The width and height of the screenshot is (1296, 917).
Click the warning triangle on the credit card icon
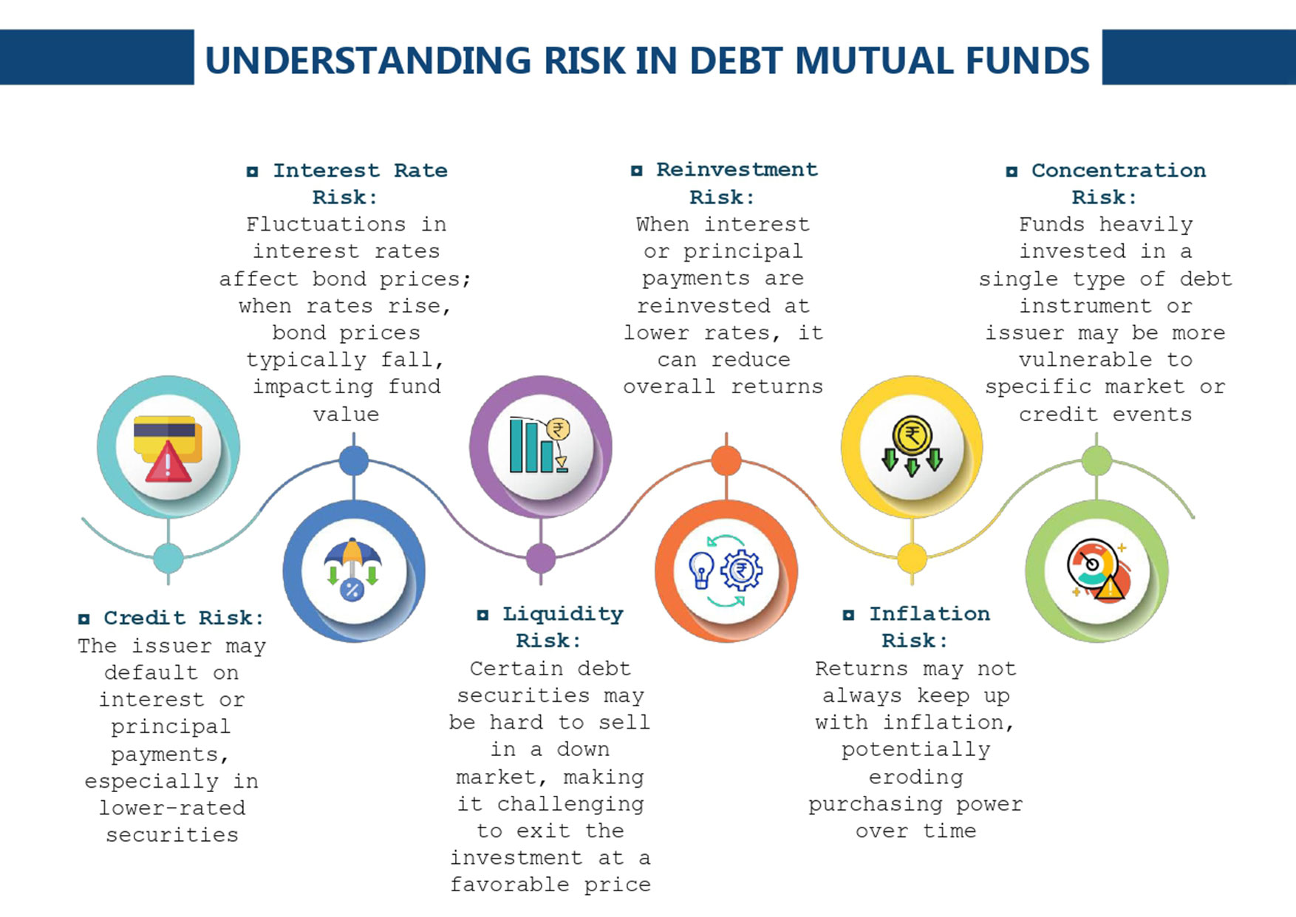pyautogui.click(x=168, y=463)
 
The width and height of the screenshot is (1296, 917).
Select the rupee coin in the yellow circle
pyautogui.click(x=912, y=436)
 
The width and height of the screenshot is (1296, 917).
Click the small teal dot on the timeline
pyautogui.click(x=168, y=559)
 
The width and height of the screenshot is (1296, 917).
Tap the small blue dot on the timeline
pyautogui.click(x=354, y=461)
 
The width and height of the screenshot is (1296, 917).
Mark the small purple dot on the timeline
pyautogui.click(x=541, y=559)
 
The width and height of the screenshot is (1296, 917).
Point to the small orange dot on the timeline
pyautogui.click(x=726, y=461)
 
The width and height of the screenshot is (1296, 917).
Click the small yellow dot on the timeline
pyautogui.click(x=913, y=559)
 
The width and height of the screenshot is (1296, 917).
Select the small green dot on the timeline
pyautogui.click(x=1097, y=461)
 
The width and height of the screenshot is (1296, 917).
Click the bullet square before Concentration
pyautogui.click(x=1012, y=171)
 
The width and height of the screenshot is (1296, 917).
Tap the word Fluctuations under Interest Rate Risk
pyautogui.click(x=326, y=224)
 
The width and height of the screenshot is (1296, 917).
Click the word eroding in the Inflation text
pyautogui.click(x=916, y=777)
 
